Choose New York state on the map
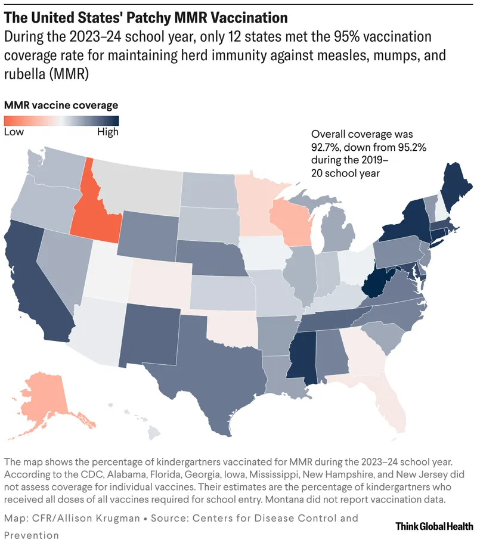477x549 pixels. click(x=411, y=221)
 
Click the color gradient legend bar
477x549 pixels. click(x=61, y=120)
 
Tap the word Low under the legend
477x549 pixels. click(x=14, y=132)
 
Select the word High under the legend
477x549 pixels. click(x=107, y=132)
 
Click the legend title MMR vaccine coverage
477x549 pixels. click(x=61, y=105)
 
